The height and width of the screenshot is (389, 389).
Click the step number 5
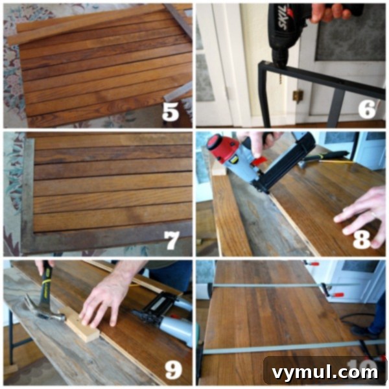171,111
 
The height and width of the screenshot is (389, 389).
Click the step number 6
367,109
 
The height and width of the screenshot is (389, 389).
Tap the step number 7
171,240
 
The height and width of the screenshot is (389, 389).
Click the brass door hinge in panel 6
298,96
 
